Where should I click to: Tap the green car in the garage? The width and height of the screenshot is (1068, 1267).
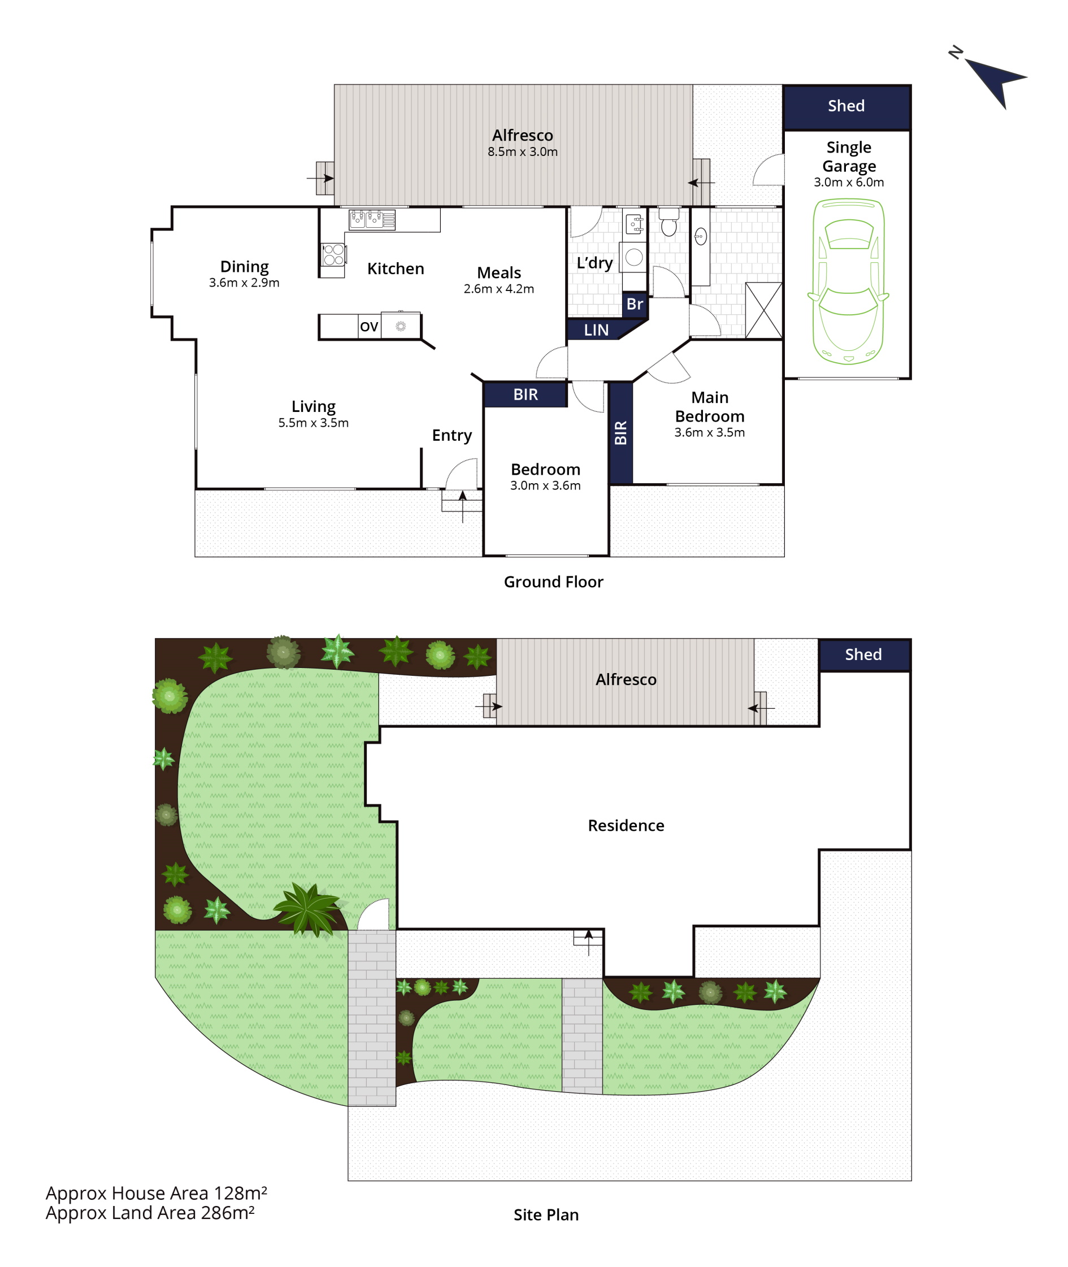(848, 281)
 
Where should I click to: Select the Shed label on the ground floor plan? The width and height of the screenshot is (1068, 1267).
(846, 106)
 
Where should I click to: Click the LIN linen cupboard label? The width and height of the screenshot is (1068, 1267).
(596, 330)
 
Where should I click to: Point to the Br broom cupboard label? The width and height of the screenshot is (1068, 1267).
(635, 304)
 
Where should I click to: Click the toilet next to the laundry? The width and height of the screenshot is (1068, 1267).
(669, 222)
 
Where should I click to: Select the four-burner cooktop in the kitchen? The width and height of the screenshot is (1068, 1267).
(333, 255)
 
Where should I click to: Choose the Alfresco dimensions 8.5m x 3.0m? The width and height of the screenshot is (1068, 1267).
(523, 152)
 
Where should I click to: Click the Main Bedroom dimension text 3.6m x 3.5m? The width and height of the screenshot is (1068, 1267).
(710, 432)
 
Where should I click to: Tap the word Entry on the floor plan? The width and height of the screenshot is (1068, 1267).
(451, 435)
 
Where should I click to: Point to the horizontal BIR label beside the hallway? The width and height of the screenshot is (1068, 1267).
(526, 394)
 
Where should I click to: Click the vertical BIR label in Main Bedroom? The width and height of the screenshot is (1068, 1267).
(620, 433)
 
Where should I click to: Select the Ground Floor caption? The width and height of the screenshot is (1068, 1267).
(553, 582)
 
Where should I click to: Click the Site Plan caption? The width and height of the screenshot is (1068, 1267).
(546, 1215)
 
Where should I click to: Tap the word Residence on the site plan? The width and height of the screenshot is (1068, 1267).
(626, 826)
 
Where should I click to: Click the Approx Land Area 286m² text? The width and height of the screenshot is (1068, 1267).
(150, 1213)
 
